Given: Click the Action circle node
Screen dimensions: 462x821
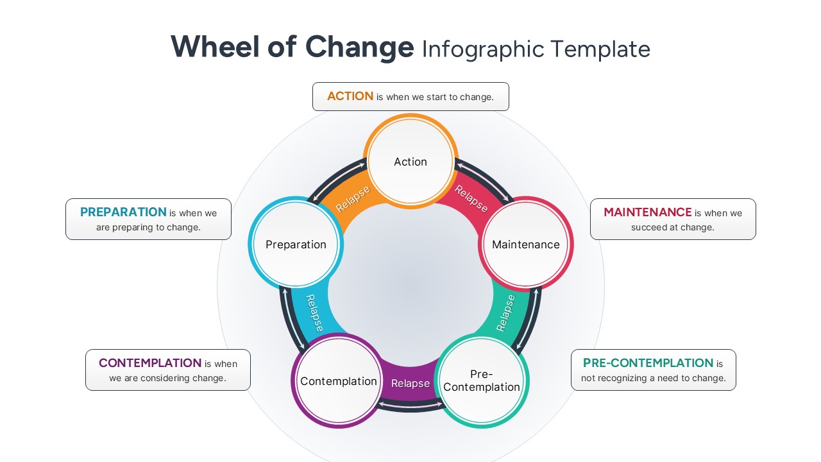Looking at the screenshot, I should tap(410, 162).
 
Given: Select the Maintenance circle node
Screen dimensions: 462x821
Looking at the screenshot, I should tap(525, 244).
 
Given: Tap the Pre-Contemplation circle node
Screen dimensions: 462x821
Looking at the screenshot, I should tap(482, 381).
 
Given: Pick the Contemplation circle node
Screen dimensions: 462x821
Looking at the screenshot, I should tap(338, 381).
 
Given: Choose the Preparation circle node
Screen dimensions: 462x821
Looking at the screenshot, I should tap(296, 244).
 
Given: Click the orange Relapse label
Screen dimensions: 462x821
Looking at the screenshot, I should tap(353, 199).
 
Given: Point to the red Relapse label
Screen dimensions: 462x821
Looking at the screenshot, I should tap(471, 198).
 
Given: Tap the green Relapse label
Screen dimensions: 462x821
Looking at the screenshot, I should tap(506, 312).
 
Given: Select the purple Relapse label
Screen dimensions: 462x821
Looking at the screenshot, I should tap(410, 384).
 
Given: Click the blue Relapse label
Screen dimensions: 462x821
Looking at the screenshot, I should tap(314, 312).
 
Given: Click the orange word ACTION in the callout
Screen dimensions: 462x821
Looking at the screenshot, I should tap(350, 96).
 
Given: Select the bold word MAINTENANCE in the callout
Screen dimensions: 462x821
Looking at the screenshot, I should tap(648, 212).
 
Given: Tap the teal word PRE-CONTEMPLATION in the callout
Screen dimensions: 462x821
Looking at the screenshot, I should tap(648, 363).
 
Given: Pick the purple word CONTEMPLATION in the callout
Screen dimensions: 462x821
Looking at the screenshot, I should tap(150, 363).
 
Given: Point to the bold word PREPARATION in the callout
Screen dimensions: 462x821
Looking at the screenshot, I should tap(123, 212).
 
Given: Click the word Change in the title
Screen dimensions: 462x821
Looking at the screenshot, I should tap(360, 47).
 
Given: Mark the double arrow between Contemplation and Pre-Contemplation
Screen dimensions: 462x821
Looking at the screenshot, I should tap(410, 406).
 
